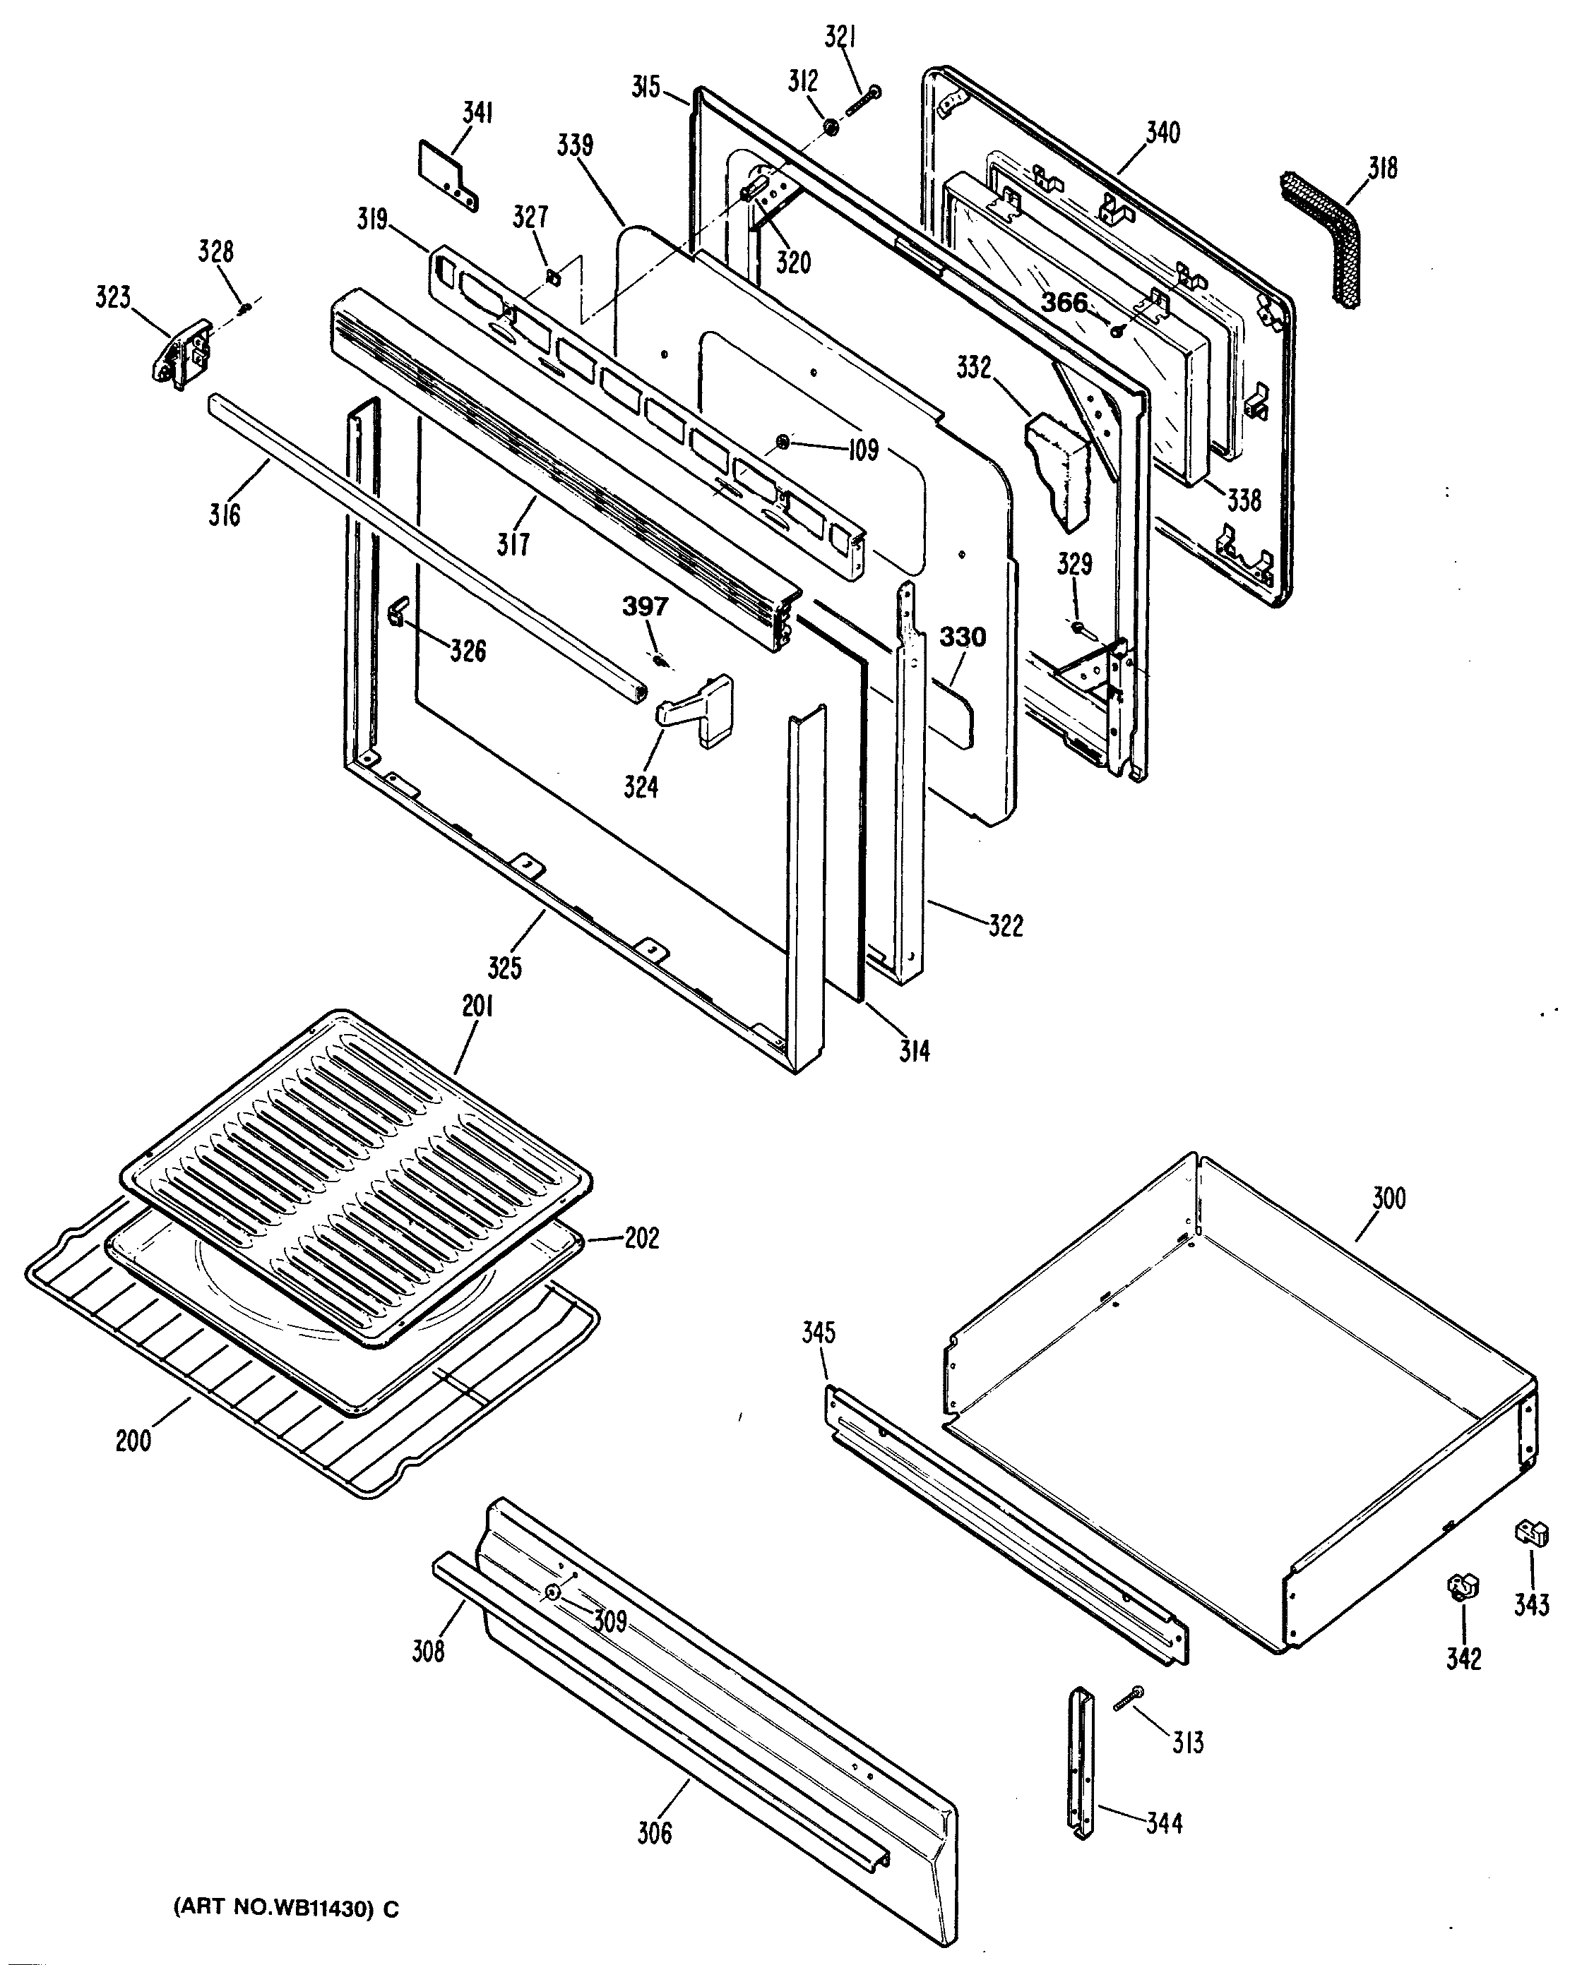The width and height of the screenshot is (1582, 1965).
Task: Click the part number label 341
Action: (477, 113)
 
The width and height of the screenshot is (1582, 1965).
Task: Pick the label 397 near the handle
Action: (646, 606)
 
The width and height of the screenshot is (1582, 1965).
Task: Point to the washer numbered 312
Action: (831, 128)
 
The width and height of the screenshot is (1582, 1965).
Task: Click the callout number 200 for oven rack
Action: (133, 1441)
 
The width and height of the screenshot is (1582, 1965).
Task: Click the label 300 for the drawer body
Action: (1388, 1198)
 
